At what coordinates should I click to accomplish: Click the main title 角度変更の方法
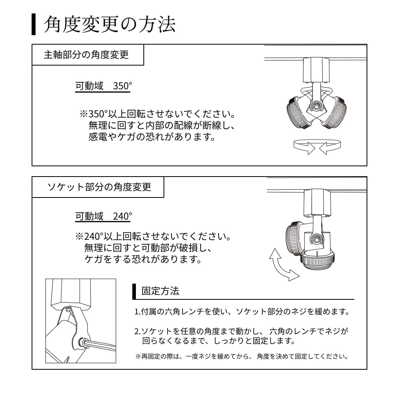click(109, 24)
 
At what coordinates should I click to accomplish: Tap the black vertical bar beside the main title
click(34, 24)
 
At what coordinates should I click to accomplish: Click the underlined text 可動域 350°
click(103, 86)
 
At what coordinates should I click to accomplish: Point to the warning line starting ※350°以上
click(158, 114)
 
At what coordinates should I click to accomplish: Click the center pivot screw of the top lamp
click(316, 106)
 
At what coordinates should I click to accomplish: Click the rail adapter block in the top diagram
click(316, 70)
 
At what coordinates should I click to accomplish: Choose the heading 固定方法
click(160, 291)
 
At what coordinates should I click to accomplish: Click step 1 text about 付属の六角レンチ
click(242, 312)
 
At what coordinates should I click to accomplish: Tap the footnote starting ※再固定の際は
click(242, 356)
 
